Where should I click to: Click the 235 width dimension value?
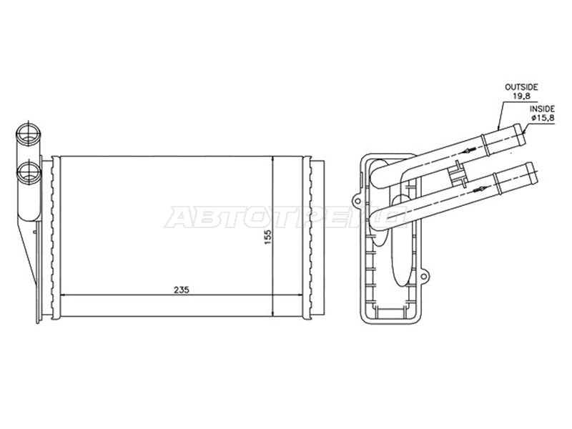[182, 290]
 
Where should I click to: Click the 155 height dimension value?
[268, 237]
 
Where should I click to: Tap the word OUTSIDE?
[521, 87]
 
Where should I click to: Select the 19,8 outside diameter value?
[521, 97]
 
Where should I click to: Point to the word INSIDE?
[542, 109]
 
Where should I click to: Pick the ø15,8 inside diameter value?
[543, 118]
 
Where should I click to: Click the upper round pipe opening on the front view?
[29, 134]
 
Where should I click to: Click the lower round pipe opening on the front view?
[29, 173]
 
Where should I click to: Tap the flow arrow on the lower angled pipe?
[480, 189]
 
